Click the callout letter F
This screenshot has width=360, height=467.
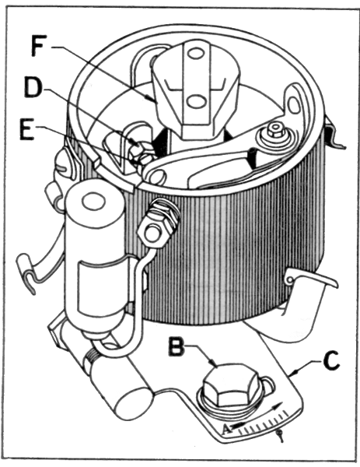pyautogui.click(x=40, y=47)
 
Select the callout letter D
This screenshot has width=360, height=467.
pyautogui.click(x=32, y=88)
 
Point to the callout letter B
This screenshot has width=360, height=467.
pyautogui.click(x=177, y=346)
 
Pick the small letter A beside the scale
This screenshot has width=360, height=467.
pyautogui.click(x=227, y=429)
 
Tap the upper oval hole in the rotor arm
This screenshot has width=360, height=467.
pyautogui.click(x=195, y=54)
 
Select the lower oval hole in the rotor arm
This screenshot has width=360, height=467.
pyautogui.click(x=195, y=101)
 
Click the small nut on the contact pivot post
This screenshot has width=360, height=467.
pyautogui.click(x=274, y=130)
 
